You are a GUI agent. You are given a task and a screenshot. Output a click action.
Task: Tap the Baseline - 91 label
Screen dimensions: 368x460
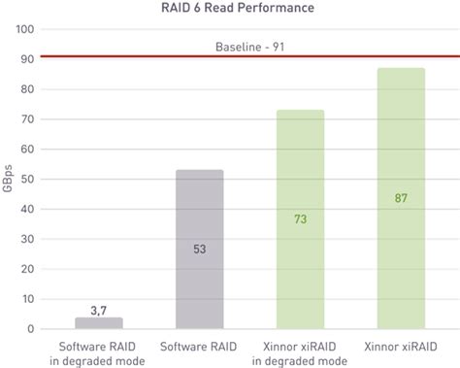tap(249, 46)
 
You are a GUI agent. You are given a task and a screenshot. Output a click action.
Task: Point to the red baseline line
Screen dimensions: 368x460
tap(146, 57)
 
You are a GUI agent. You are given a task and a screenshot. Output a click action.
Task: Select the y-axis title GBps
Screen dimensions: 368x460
tap(8, 179)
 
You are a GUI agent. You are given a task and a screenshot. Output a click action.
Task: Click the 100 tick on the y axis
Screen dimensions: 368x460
tap(26, 29)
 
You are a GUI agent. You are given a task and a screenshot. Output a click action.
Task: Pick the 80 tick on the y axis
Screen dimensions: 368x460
tap(28, 89)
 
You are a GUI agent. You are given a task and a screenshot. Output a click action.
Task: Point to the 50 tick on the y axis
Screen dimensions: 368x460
tap(28, 180)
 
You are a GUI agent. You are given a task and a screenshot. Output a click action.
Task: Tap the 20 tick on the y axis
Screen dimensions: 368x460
tap(28, 269)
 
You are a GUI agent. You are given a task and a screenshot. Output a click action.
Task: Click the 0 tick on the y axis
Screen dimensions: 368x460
tap(32, 329)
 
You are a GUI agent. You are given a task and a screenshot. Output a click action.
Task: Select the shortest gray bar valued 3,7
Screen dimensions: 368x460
tap(99, 323)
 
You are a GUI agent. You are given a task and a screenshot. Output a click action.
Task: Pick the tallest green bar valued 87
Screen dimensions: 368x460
tap(400, 198)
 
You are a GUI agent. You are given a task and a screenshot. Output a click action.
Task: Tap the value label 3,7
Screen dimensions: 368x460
tap(99, 309)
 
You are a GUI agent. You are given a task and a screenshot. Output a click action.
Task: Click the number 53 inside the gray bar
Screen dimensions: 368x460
tap(199, 250)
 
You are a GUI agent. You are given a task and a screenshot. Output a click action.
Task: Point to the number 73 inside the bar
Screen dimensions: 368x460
tap(300, 219)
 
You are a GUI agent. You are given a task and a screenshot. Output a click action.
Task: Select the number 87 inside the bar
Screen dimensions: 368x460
tap(400, 198)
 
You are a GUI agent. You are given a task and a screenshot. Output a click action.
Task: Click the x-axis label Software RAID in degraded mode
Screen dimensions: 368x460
tap(99, 353)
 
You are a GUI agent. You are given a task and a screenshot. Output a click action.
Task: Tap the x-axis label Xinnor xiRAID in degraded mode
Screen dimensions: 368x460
tap(300, 353)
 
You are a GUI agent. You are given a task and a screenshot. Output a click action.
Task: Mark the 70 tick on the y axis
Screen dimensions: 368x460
tap(28, 119)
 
